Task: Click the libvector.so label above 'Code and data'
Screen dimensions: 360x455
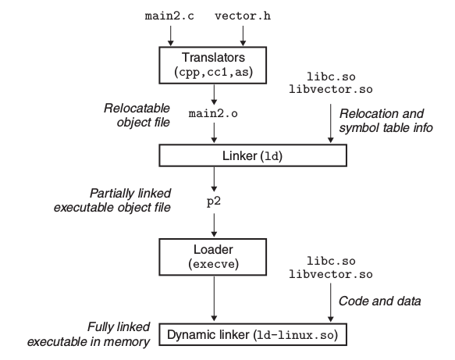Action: [x=330, y=276]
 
